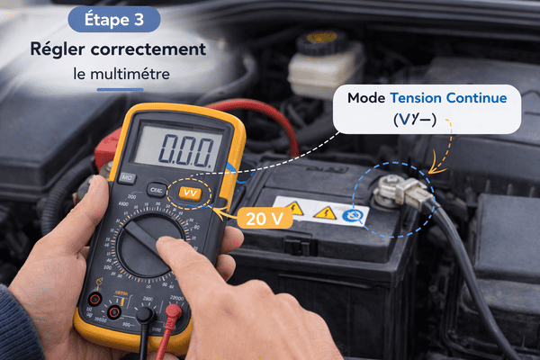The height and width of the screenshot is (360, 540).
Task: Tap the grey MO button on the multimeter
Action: coord(127,177)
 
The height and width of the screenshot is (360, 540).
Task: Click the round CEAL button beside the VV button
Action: coord(157,190)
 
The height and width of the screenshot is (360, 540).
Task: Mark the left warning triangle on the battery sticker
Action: coord(293,210)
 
